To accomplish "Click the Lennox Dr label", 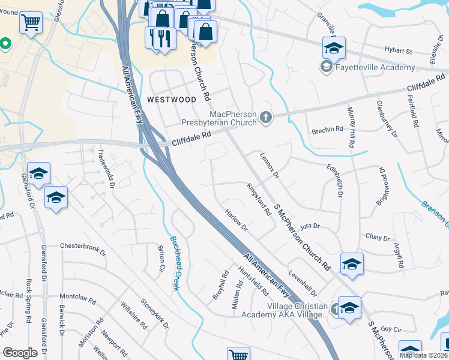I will (270, 164).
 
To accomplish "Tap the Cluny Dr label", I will (378, 237).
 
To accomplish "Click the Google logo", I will (20, 353).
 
